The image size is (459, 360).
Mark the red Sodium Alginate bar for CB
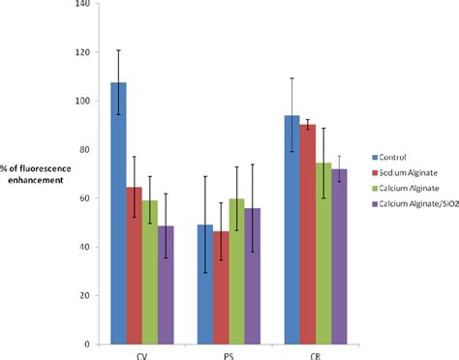[306, 233]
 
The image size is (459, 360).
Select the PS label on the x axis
[228, 354]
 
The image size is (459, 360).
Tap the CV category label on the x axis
[141, 354]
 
